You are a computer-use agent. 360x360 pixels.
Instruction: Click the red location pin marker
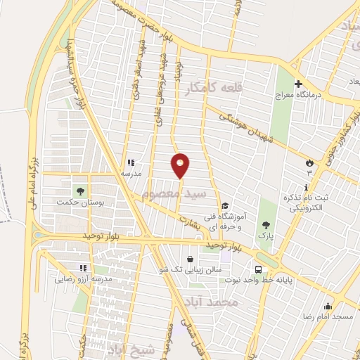(181, 165)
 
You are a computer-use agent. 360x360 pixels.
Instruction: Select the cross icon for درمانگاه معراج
(298, 82)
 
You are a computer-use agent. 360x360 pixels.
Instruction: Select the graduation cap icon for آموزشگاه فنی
(224, 206)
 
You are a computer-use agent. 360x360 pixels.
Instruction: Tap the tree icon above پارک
(266, 226)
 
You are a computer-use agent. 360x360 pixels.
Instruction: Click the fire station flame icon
(308, 162)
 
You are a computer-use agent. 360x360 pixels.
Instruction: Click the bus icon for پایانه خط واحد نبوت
(259, 269)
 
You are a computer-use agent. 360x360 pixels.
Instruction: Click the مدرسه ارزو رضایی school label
(84, 278)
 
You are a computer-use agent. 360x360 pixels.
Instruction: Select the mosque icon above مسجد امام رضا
(328, 307)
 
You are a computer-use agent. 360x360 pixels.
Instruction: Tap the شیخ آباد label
(126, 349)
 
